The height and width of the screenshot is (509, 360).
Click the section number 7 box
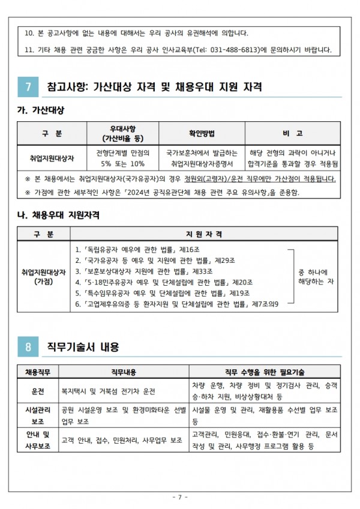(28, 86)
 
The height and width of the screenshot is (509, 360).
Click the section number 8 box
(28, 346)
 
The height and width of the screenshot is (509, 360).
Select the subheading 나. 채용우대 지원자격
(58, 214)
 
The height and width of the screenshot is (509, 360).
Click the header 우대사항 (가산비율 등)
(122, 133)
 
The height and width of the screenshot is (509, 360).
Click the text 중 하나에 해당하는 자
(316, 276)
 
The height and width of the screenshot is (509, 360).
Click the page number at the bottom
(180, 498)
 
